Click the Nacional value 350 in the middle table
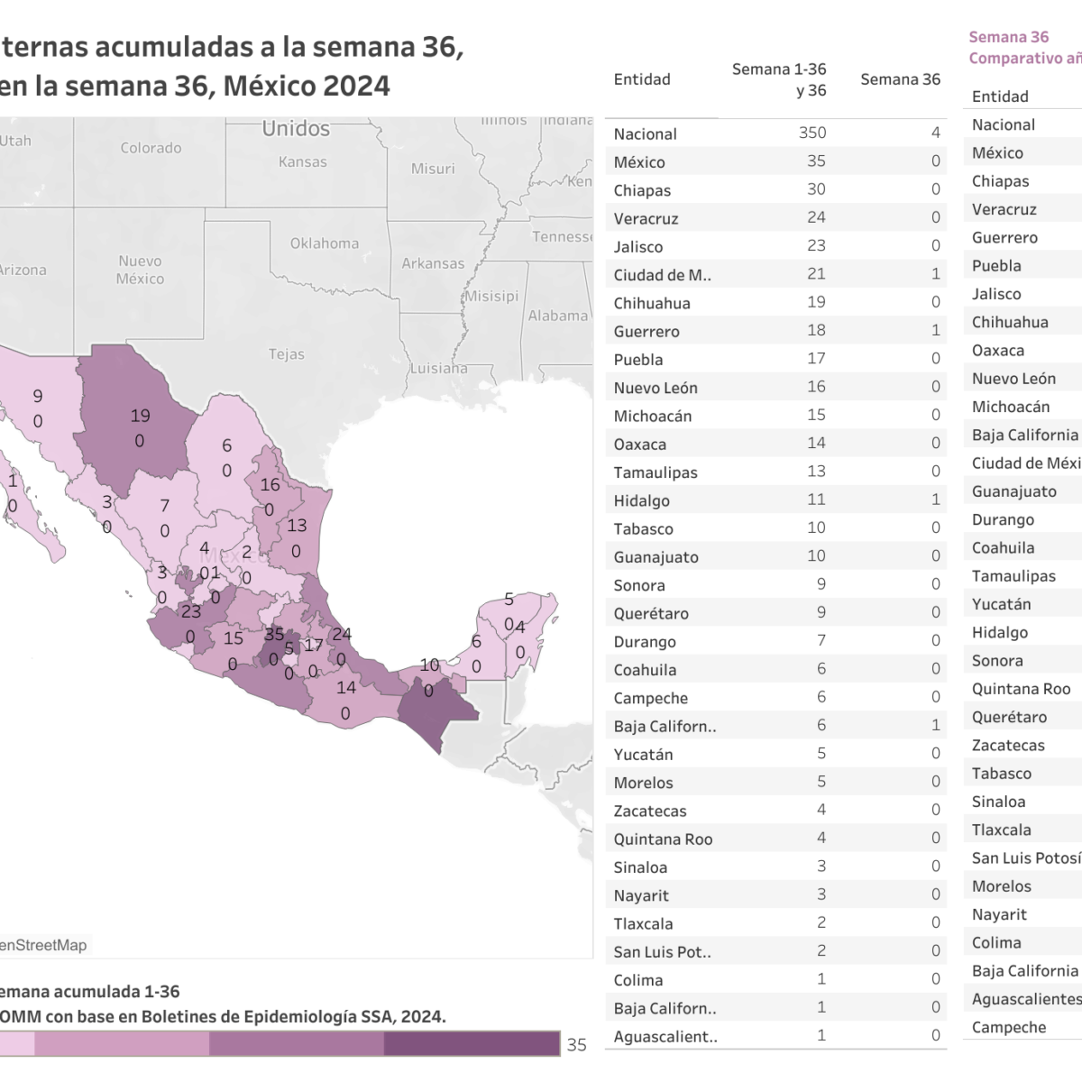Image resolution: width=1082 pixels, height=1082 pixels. pyautogui.click(x=811, y=133)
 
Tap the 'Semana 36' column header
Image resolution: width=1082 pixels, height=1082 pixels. pyautogui.click(x=900, y=79)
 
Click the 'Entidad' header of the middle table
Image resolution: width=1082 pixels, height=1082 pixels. pyautogui.click(x=642, y=79)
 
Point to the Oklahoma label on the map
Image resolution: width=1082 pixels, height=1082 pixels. pyautogui.click(x=324, y=243)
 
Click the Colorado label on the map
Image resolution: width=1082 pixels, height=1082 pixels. pyautogui.click(x=151, y=148)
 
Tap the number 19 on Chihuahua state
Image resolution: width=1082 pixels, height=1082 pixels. pyautogui.click(x=140, y=416)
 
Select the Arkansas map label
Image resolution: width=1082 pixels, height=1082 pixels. pyautogui.click(x=433, y=263)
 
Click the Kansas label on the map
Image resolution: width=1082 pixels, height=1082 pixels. pyautogui.click(x=302, y=162)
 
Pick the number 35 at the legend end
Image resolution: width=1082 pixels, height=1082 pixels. pyautogui.click(x=577, y=1044)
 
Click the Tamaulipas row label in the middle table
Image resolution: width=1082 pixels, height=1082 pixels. pyautogui.click(x=656, y=472)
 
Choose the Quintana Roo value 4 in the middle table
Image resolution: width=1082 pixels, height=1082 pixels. pyautogui.click(x=821, y=839)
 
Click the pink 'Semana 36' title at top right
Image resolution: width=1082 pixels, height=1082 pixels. pyautogui.click(x=1008, y=37)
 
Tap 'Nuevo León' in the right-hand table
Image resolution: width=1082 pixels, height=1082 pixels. pyautogui.click(x=1013, y=379)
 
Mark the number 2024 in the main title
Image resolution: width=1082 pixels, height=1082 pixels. pyautogui.click(x=356, y=86)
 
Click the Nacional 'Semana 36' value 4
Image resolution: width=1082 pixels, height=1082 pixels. pyautogui.click(x=935, y=133)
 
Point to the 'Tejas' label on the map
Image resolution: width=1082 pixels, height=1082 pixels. pyautogui.click(x=286, y=354)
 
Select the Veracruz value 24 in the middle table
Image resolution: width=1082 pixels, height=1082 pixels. pyautogui.click(x=815, y=217)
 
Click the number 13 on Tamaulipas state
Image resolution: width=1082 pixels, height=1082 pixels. pyautogui.click(x=297, y=525)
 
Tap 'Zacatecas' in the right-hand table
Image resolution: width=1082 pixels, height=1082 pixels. pyautogui.click(x=1008, y=746)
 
